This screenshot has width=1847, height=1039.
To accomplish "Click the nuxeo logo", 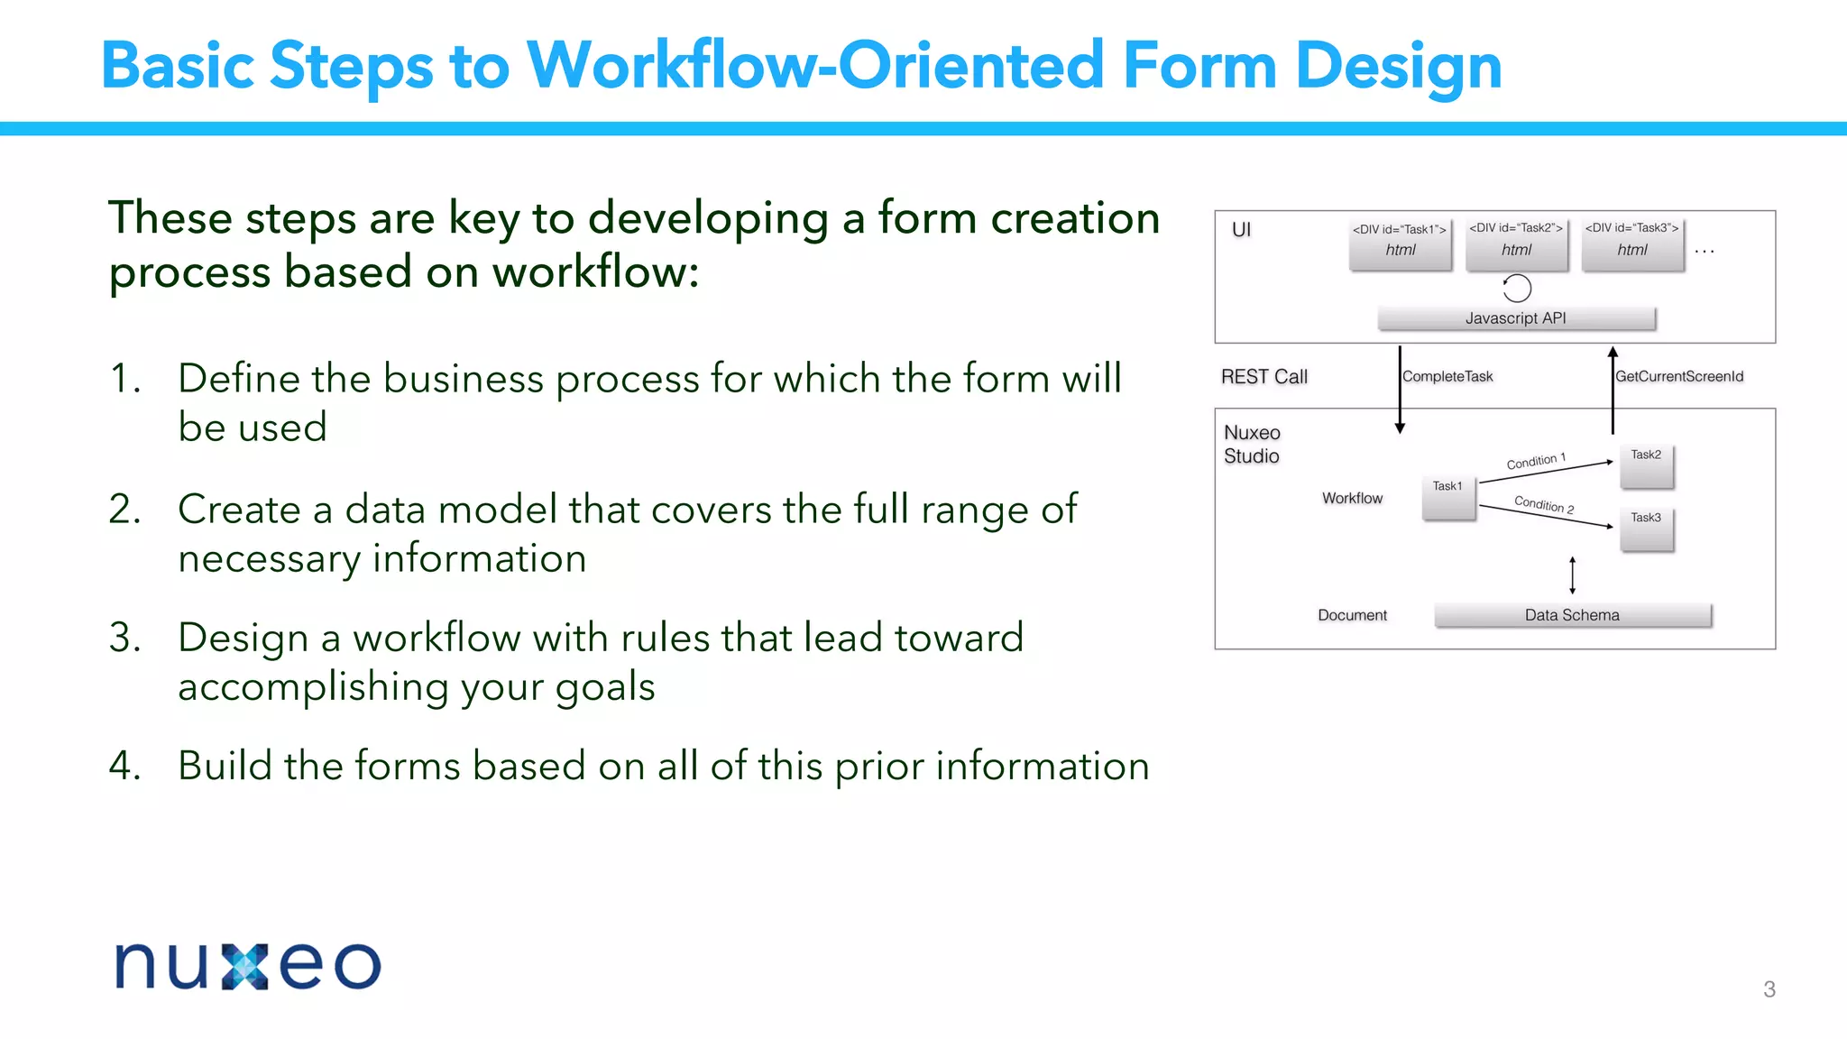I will (248, 966).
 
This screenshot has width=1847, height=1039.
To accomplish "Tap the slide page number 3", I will (1769, 989).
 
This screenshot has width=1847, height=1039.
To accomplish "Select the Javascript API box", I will (1516, 318).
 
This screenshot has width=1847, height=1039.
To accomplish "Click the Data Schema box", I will (1572, 615).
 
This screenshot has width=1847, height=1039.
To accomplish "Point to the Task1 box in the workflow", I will (1448, 498).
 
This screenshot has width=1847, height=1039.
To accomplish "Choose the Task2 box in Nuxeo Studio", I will (1647, 465).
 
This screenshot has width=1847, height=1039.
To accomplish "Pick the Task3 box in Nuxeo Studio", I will (1647, 529).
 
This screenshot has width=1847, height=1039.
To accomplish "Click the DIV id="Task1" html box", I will (1400, 244).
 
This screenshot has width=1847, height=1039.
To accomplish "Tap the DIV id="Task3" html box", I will (1632, 244).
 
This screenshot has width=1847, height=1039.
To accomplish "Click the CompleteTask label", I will (1447, 377).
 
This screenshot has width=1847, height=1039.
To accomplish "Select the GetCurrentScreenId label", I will (1679, 377).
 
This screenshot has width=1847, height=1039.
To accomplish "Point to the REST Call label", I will (1263, 377).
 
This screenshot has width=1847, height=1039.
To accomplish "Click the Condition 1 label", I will (1536, 461).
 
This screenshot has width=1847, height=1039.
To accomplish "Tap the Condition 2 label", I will (1544, 504).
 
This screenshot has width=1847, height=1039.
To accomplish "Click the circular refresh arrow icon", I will (1517, 289).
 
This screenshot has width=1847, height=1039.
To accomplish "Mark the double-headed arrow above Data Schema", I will (1572, 575).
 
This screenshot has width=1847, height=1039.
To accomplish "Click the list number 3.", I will (124, 638).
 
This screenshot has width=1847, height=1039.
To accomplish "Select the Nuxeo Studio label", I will (1252, 445).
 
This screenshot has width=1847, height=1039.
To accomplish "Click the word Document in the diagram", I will (1352, 615).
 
